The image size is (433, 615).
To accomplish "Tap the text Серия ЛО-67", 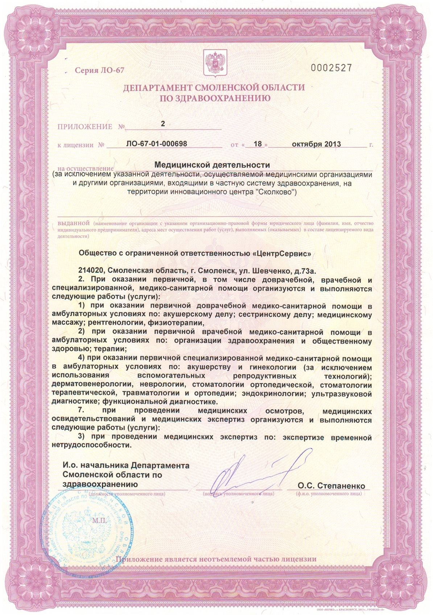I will coord(99,70).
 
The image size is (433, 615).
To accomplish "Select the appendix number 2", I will coord(163,124).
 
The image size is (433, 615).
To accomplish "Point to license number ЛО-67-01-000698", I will coord(157,144).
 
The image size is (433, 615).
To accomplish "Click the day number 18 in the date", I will coord(257,144).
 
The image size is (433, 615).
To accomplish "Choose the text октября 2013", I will coord(316,144).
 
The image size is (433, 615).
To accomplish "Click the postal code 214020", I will coord(91,271).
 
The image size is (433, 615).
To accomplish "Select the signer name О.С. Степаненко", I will coord(331,486).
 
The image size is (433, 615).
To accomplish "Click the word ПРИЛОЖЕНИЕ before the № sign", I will coord(85,127).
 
